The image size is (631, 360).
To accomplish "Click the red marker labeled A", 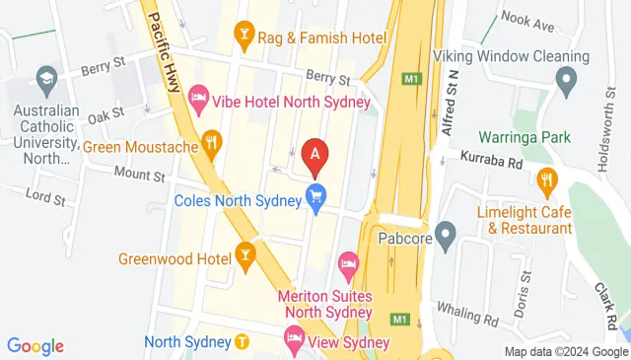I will click(315, 154).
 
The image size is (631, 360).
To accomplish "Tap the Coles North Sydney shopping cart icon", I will click(316, 197).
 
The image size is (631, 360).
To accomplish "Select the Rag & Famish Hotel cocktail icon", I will click(243, 37).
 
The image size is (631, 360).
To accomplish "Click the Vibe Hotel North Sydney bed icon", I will click(198, 95).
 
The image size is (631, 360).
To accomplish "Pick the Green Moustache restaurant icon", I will click(211, 143).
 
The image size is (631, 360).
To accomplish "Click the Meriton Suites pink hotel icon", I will click(347, 263).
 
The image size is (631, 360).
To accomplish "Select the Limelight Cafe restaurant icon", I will click(548, 180).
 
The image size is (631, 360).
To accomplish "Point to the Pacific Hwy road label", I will click(167, 49).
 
